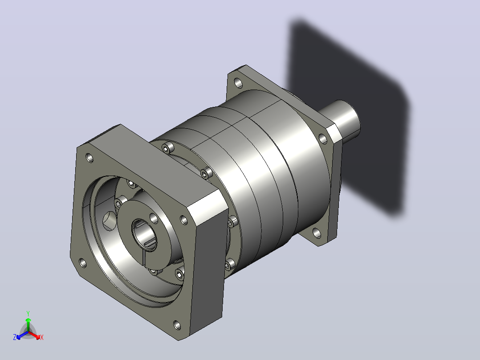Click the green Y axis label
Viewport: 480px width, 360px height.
[28, 314]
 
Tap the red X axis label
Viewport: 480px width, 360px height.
[42, 337]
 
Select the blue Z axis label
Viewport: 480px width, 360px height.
[14, 337]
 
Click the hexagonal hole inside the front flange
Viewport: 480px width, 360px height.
[109, 221]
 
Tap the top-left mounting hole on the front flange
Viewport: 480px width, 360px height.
[89, 158]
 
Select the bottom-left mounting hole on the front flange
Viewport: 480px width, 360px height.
[83, 263]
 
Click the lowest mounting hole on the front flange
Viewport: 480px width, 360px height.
[177, 325]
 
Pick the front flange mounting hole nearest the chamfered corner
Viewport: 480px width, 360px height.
[183, 220]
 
